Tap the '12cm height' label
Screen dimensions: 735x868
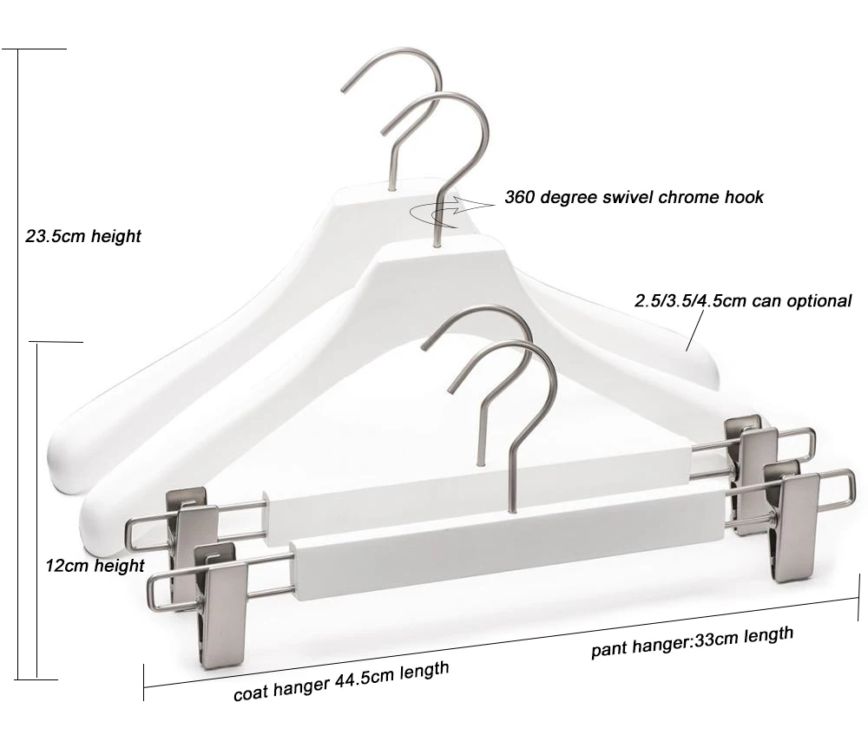[x=95, y=566]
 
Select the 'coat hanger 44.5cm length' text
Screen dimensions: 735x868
[x=341, y=681]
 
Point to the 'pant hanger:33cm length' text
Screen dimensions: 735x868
[x=692, y=643]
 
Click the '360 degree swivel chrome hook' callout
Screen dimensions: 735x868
[x=635, y=197]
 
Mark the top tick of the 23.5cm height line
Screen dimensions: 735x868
[x=35, y=49]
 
